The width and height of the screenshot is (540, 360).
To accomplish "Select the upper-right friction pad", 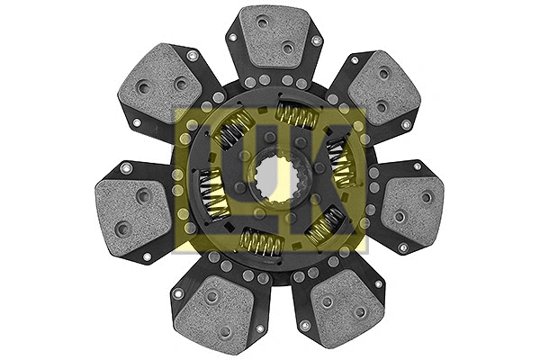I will [383, 88].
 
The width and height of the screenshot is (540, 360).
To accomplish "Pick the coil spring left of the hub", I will [214, 192].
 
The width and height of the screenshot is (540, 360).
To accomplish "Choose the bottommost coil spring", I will [261, 241].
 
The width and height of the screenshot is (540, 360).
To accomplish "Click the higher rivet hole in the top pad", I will [262, 22].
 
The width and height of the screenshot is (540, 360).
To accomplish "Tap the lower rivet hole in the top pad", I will [287, 47].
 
